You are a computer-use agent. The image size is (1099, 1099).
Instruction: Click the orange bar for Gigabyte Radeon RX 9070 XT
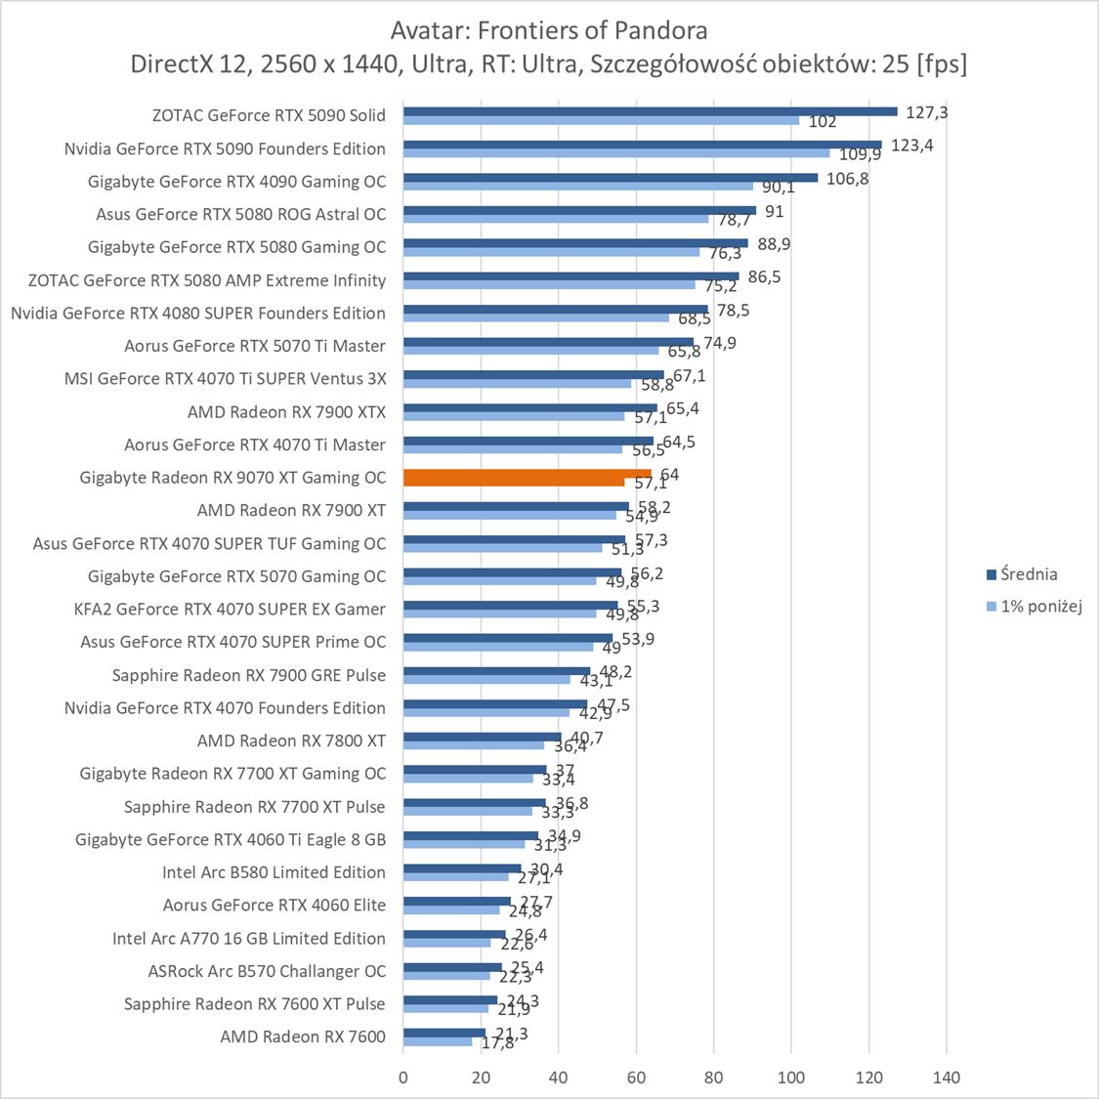[528, 474]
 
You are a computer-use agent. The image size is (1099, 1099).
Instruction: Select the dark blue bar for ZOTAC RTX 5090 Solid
[650, 111]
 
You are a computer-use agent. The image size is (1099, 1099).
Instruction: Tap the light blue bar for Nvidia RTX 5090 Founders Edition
[616, 153]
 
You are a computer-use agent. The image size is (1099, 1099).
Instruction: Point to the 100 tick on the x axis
[791, 1078]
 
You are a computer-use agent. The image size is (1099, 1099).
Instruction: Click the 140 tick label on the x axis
[947, 1078]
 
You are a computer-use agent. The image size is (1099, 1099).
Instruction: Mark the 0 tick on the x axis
[403, 1078]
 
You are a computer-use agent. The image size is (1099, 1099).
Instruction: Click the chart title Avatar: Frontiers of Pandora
[548, 30]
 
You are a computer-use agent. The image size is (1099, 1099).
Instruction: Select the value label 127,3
[927, 112]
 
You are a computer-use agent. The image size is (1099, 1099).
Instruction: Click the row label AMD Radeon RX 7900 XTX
[286, 412]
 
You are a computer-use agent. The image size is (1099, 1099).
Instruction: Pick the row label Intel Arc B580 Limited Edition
[274, 872]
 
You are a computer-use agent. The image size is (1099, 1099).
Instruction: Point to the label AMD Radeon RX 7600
[303, 1036]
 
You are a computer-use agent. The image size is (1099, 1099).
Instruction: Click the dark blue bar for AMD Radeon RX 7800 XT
[483, 737]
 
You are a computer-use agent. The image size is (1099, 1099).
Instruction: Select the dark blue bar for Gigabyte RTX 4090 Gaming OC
[611, 178]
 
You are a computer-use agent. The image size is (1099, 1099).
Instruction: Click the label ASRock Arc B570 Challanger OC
[267, 971]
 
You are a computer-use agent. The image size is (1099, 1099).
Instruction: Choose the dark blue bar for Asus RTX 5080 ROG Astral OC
[579, 210]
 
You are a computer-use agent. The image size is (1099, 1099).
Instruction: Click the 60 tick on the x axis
[636, 1078]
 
